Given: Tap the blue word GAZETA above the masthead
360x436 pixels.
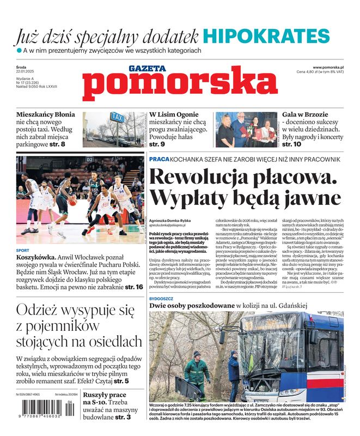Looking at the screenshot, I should click(x=147, y=69).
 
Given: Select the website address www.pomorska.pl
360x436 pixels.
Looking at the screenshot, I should click(x=332, y=66).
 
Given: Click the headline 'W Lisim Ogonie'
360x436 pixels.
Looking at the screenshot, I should click(x=174, y=114).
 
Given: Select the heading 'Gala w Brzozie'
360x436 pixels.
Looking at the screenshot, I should click(x=305, y=114).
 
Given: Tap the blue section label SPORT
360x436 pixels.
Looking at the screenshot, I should click(x=23, y=251).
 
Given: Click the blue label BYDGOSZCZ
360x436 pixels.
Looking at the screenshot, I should click(x=163, y=299).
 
